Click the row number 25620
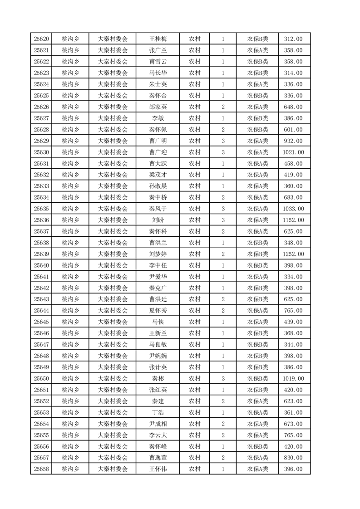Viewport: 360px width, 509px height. [x=41, y=39]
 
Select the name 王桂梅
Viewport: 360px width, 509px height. [x=158, y=39]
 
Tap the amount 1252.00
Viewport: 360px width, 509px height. [x=293, y=254]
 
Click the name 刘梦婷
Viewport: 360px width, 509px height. [x=158, y=254]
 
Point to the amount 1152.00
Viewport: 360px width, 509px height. [x=293, y=220]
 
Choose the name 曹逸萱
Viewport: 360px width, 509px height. [x=158, y=458]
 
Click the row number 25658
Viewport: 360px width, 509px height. [x=41, y=469]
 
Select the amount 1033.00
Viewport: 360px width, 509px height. [x=293, y=209]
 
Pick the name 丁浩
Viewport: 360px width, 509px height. [x=158, y=412]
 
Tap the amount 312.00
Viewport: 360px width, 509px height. [x=293, y=39]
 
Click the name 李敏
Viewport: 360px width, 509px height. [x=158, y=118]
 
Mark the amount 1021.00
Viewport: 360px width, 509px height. [x=293, y=152]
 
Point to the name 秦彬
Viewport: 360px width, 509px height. [x=158, y=378]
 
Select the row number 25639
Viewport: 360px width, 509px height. [x=41, y=254]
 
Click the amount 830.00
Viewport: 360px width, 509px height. [x=293, y=458]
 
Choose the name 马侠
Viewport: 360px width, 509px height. [x=158, y=322]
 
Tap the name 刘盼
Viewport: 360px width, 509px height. [x=158, y=220]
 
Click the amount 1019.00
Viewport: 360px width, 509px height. [x=293, y=378]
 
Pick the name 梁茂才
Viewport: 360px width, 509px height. [x=158, y=175]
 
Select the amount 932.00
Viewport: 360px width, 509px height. [x=293, y=141]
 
